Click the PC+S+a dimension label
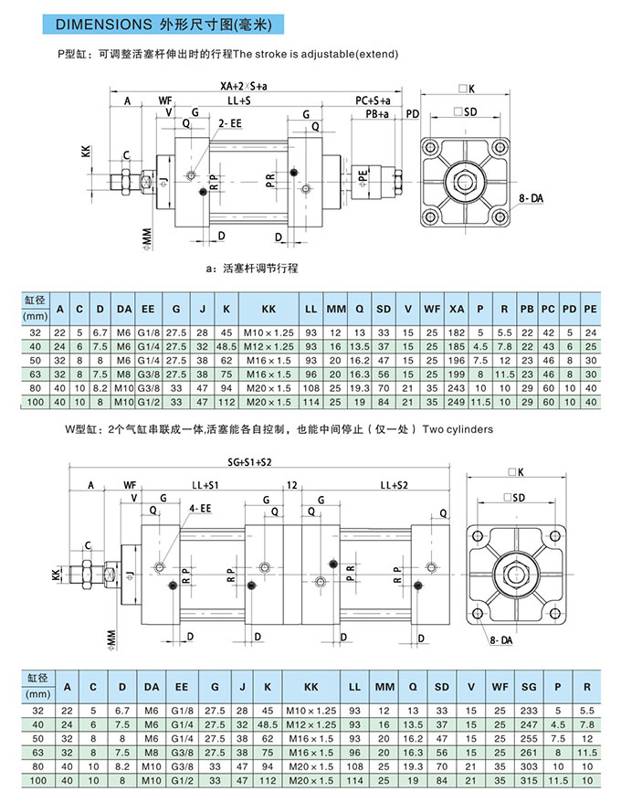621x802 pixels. pos(373,100)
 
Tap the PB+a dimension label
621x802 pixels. pos(376,114)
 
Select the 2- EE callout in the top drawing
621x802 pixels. pos(229,121)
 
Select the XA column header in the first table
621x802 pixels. pos(457,309)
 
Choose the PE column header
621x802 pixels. pos(590,309)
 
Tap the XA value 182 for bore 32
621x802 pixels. pos(457,332)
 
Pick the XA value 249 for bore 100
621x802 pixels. pos(457,402)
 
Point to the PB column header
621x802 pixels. pos(527,309)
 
